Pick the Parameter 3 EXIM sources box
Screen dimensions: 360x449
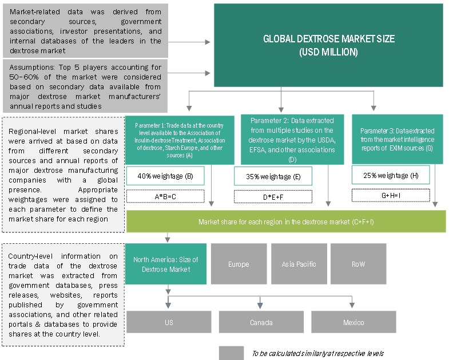397,139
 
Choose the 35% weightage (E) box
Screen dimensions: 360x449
273,177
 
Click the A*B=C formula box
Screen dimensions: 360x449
164,196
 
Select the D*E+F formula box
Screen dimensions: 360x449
273,196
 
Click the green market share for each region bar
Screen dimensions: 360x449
286,221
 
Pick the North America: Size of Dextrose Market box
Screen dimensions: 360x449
166,264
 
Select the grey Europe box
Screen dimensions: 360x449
238,264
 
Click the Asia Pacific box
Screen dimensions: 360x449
299,264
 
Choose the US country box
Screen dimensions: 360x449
169,322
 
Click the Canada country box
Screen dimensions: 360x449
261,322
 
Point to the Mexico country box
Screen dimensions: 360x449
353,322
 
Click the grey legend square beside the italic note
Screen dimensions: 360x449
231,353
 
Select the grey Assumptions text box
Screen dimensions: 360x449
85,86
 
